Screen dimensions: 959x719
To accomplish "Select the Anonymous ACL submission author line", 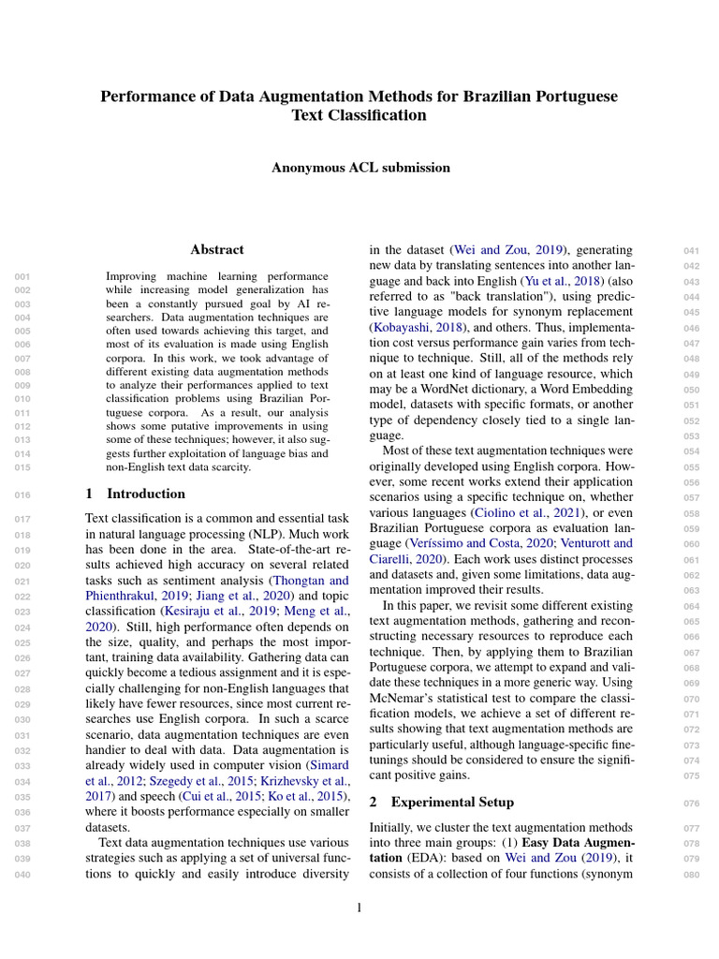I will pyautogui.click(x=360, y=168).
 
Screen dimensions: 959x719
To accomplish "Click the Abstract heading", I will pyautogui.click(x=216, y=250).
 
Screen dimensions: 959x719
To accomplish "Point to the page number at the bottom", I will pyautogui.click(x=359, y=907).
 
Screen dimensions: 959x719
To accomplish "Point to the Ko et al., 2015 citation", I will pyautogui.click(x=307, y=797).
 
